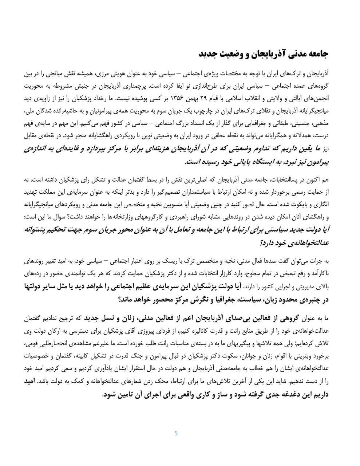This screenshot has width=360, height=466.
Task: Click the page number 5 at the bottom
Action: pyautogui.click(x=176, y=433)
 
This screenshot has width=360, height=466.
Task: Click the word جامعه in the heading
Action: pyautogui.click(x=318, y=54)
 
